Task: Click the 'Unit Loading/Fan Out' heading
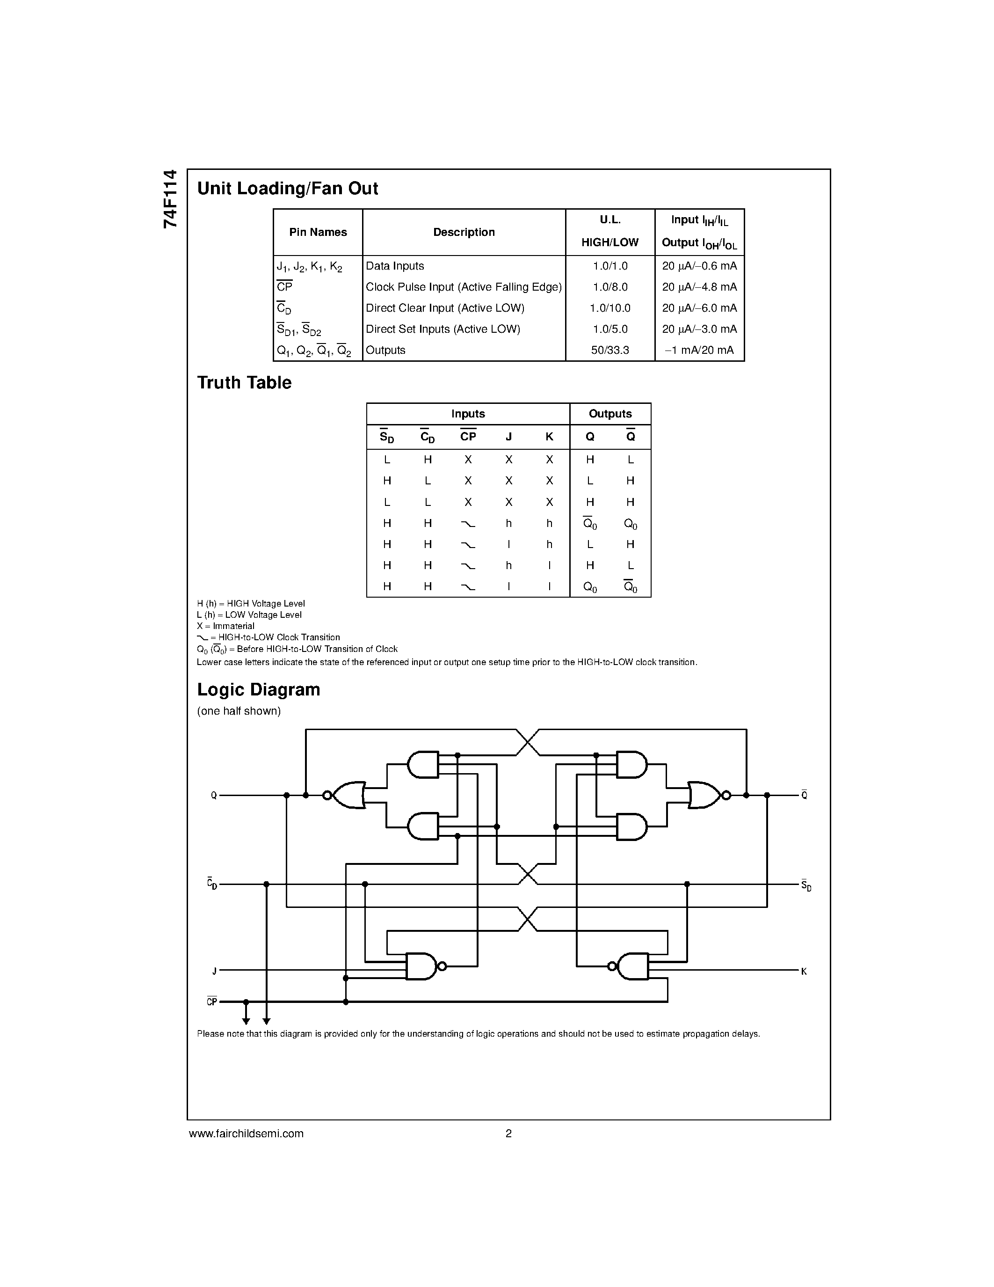click(287, 189)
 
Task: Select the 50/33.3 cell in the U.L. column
click(610, 350)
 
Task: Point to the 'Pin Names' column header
click(318, 232)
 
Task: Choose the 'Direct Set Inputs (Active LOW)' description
click(443, 329)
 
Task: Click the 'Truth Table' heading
click(244, 383)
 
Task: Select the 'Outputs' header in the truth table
click(610, 414)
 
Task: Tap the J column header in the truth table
click(509, 437)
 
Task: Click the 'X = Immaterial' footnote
click(225, 626)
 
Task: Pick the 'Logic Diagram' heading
click(259, 689)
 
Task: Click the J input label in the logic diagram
click(214, 971)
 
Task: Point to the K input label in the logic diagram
click(804, 971)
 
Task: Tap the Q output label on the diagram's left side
click(214, 796)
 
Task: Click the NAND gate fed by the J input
click(421, 966)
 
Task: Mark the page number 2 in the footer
click(509, 1133)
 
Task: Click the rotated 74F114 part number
click(170, 199)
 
